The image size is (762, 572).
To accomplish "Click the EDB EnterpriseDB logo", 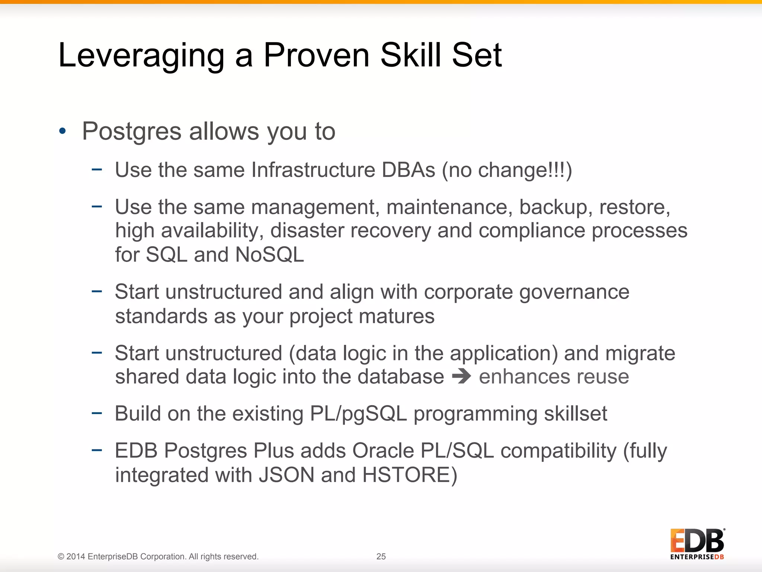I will click(697, 544).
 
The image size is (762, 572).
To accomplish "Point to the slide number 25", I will click(381, 556).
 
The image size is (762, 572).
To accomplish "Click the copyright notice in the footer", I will click(158, 556).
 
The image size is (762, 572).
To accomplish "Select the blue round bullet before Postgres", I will click(63, 131).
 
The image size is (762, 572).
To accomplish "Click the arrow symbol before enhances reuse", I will click(461, 376).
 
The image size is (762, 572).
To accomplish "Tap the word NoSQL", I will click(269, 255).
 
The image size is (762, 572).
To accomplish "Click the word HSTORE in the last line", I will click(410, 475).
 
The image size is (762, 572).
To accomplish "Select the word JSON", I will click(286, 475).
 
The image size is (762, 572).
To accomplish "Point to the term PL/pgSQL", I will click(358, 414).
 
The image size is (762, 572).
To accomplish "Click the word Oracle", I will click(383, 451).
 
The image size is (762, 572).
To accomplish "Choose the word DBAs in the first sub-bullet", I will click(408, 170).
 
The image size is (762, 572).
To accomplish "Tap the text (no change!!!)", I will click(507, 170).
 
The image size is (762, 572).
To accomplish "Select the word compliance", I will click(532, 231).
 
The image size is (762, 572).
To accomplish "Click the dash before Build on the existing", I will click(97, 413).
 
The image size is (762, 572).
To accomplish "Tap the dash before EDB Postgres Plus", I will click(97, 450).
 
